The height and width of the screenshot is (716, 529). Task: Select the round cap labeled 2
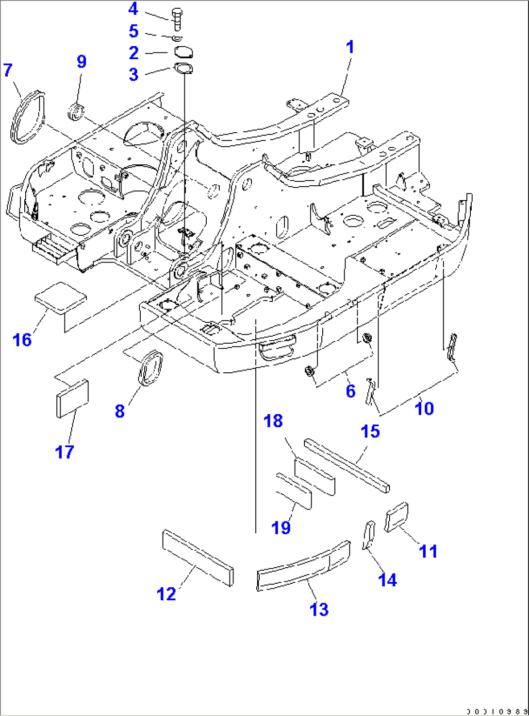tap(183, 52)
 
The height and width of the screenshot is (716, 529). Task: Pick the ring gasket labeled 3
tap(183, 69)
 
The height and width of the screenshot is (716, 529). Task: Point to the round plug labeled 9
tap(76, 112)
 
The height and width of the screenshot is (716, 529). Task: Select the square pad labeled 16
tap(61, 297)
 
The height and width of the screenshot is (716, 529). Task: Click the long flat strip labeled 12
tap(198, 557)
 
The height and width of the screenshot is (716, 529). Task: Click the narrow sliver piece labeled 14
tap(369, 535)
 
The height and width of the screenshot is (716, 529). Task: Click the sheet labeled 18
tap(315, 476)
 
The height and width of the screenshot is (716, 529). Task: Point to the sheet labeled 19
tap(294, 491)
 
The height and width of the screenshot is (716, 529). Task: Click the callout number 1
tap(350, 48)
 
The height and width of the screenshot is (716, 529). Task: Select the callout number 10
tap(424, 408)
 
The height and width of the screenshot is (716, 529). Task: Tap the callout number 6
tap(350, 391)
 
